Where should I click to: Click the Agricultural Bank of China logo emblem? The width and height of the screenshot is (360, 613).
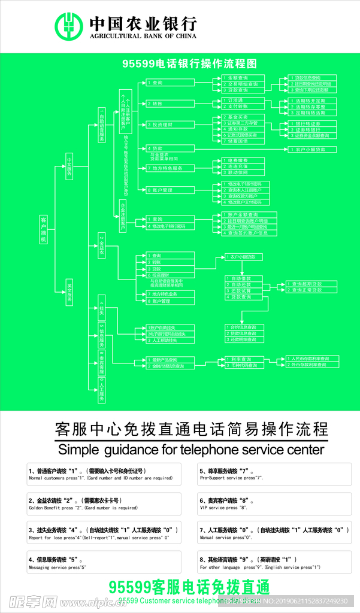click(x=69, y=27)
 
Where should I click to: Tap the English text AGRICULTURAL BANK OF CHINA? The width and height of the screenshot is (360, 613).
click(x=143, y=37)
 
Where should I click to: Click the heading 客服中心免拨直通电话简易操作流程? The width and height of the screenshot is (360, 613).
click(x=192, y=429)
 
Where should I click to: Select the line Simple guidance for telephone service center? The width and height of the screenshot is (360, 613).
click(x=191, y=450)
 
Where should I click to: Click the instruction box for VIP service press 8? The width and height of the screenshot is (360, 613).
click(x=274, y=503)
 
